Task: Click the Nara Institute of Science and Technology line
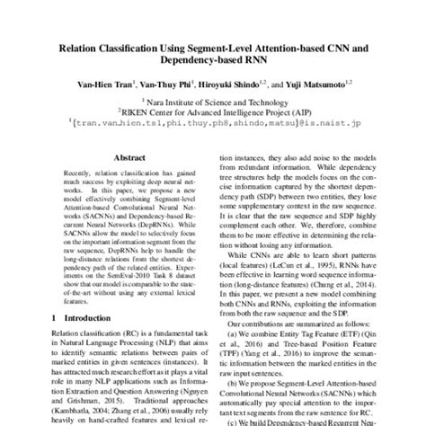pyautogui.click(x=213, y=103)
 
